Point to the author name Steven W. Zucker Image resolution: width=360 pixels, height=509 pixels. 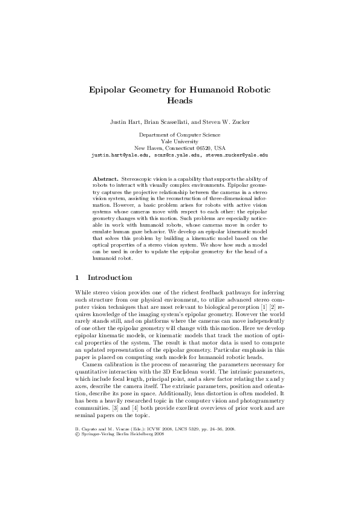click(x=226, y=122)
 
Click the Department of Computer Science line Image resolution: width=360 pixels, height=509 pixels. click(x=180, y=135)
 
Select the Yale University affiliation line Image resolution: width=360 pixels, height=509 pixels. click(x=180, y=141)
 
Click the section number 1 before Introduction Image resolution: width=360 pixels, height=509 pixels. click(x=76, y=278)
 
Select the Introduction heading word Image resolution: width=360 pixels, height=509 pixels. click(x=110, y=278)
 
